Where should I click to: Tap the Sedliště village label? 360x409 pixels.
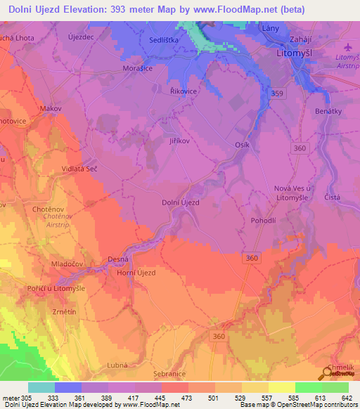164,40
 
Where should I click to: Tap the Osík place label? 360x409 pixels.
242,145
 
